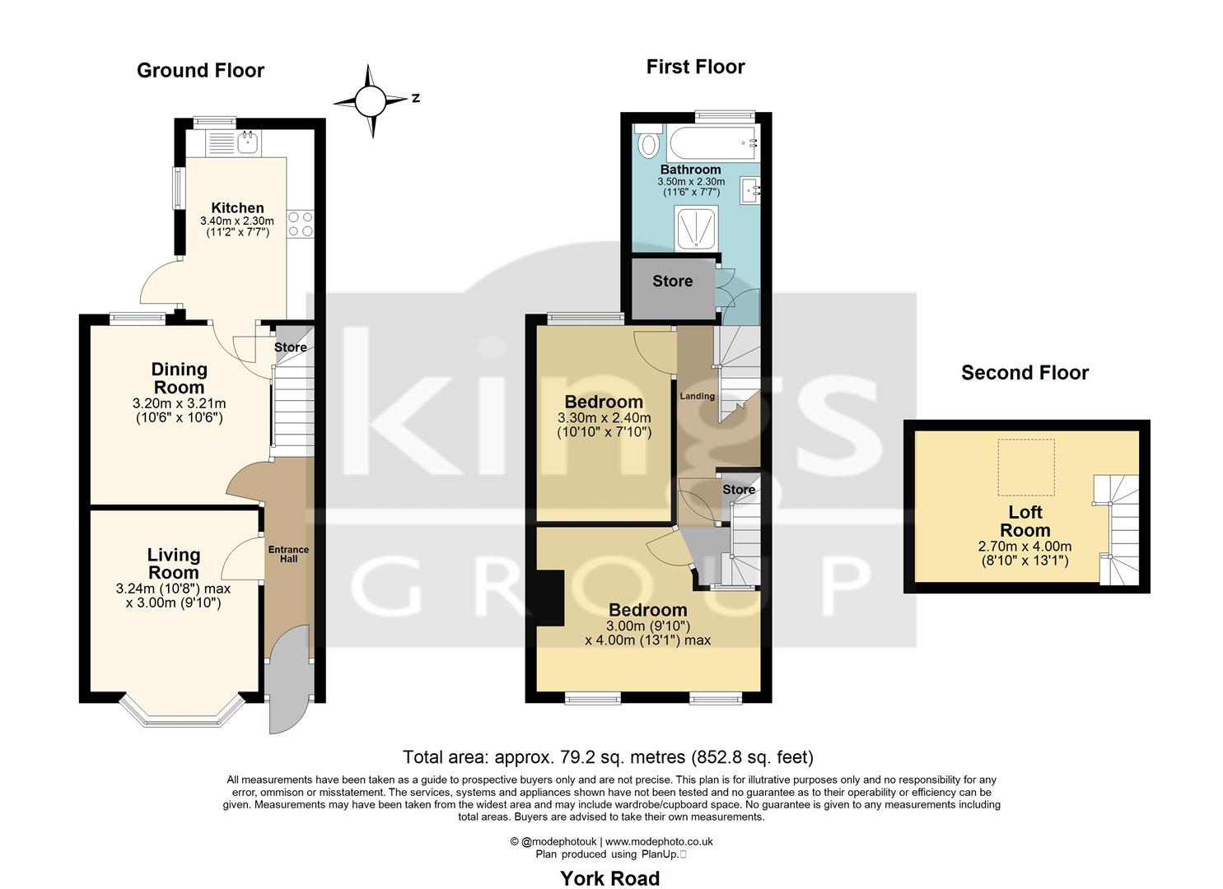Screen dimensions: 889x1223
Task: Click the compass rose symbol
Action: pos(371,101)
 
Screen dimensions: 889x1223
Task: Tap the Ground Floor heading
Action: pos(200,71)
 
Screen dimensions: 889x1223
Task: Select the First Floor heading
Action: pos(695,67)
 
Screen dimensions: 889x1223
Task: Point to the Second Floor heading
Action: pos(1025,374)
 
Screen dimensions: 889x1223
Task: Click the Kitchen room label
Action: pos(237,208)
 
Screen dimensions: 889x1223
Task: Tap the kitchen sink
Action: pos(246,143)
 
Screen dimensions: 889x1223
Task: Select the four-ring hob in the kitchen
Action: pos(300,223)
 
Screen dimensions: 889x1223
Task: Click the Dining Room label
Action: pos(179,379)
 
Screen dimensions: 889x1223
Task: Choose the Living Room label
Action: pos(173,564)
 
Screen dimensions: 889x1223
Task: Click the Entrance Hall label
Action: pos(288,554)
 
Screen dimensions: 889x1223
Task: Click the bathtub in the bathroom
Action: pos(713,145)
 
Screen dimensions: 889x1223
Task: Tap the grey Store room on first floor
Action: pos(672,282)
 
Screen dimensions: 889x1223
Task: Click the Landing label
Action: pos(697,396)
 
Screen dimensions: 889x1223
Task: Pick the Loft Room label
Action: pos(1025,522)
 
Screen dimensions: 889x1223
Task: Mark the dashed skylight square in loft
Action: pos(1026,463)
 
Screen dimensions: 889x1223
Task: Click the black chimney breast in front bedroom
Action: pos(548,598)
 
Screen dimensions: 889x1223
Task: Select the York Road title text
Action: pos(609,878)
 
